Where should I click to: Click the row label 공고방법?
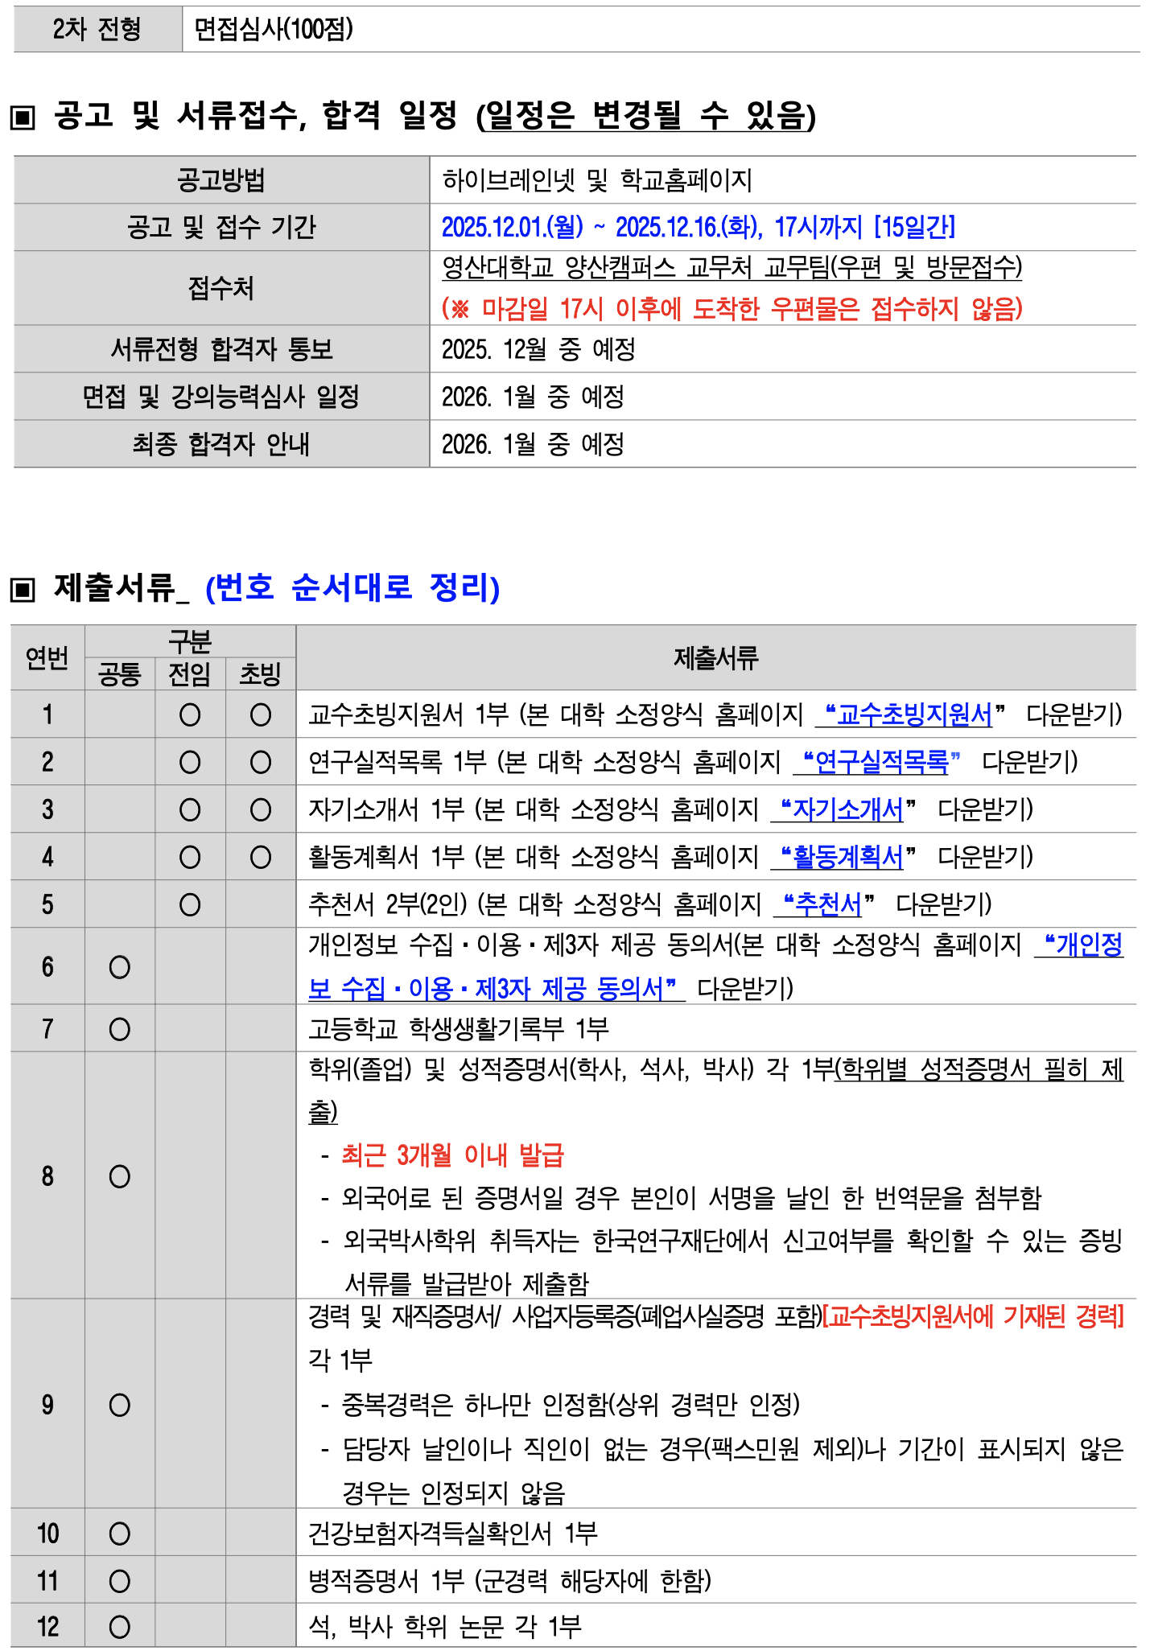point(220,180)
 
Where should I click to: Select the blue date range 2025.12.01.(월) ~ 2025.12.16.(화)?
point(602,228)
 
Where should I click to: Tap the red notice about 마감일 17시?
point(732,308)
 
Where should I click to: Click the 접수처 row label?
point(220,288)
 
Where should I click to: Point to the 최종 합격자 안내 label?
point(220,444)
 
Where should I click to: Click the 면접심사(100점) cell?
point(274,30)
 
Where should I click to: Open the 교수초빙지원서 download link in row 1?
point(913,714)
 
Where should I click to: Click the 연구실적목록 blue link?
point(880,762)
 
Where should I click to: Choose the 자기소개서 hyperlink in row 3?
point(847,809)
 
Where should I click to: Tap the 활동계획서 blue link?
point(847,857)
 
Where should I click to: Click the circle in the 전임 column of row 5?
point(190,905)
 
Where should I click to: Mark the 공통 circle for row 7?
point(120,1029)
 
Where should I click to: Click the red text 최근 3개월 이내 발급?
point(452,1155)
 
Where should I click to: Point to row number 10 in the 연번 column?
point(47,1534)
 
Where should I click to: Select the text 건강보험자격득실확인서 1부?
point(452,1534)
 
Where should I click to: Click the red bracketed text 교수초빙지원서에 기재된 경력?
point(973,1317)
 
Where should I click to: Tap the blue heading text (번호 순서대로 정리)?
point(352,588)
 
